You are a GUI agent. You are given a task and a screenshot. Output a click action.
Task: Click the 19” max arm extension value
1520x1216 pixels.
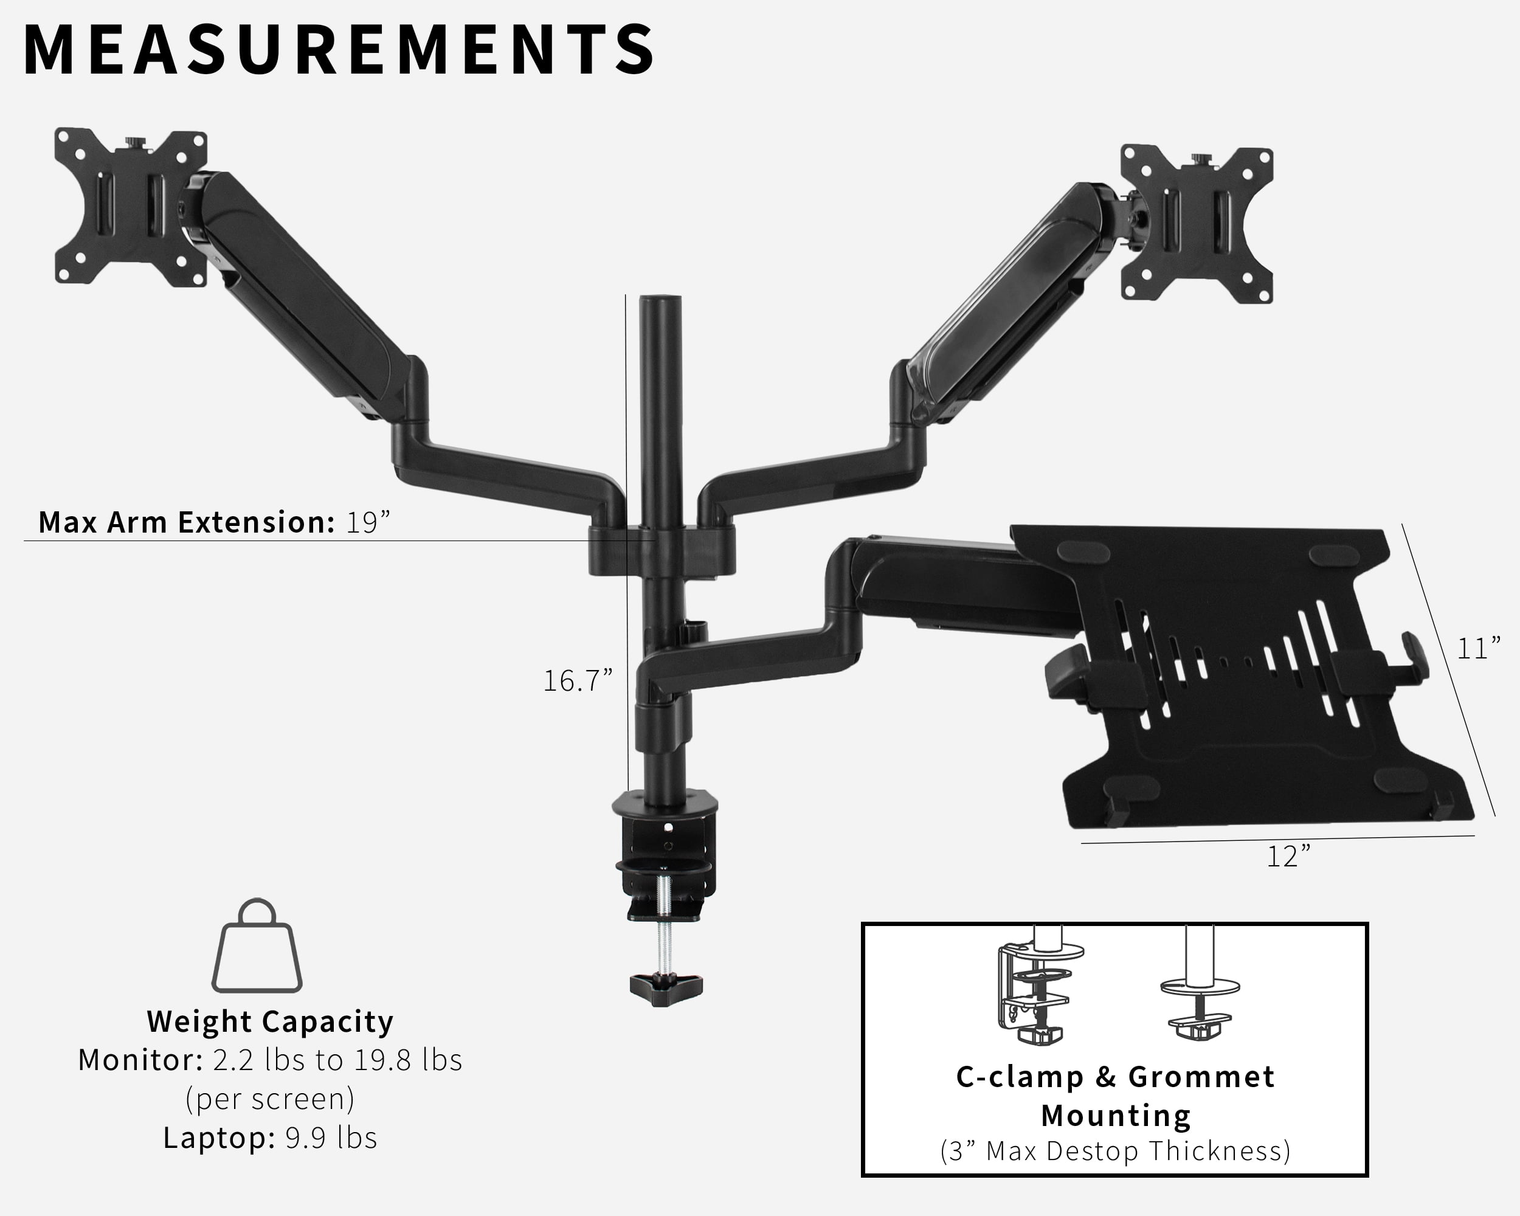pos(367,522)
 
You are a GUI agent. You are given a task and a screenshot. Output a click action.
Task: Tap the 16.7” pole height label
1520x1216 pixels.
pos(578,681)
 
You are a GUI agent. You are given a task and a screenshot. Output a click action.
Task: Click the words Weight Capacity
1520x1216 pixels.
pos(270,1021)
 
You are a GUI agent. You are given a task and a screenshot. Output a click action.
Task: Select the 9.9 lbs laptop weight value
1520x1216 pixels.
pos(331,1138)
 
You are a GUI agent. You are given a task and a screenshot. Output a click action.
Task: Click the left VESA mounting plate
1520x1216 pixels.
pos(131,207)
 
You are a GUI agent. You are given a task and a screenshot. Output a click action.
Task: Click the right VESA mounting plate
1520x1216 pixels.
pos(1197,224)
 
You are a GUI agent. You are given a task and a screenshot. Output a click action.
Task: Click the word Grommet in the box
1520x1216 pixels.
pos(1201,1077)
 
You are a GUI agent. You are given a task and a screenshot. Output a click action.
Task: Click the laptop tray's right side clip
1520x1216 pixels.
pos(1413,659)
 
